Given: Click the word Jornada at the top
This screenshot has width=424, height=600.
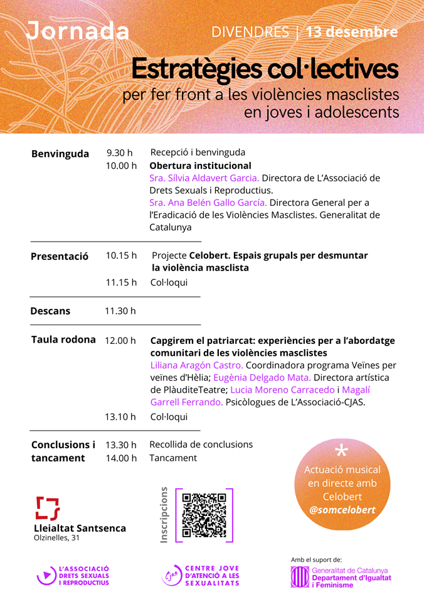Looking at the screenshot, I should click(x=78, y=31).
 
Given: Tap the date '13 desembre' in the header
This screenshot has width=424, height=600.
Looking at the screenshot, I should click(x=352, y=32).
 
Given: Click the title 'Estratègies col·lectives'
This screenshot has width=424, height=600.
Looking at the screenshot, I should click(x=265, y=68).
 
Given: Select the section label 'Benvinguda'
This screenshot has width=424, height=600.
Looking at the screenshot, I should click(x=60, y=154).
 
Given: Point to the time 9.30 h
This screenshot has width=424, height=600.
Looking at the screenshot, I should click(x=119, y=153).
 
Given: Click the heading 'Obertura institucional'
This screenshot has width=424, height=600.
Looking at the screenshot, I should click(x=200, y=166).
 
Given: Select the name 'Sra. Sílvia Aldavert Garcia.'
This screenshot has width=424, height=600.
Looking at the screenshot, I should click(x=204, y=178).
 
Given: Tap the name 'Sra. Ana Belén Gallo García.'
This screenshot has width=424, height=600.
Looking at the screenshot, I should click(x=208, y=203).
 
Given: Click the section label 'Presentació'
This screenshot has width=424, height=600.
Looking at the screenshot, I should click(x=60, y=256).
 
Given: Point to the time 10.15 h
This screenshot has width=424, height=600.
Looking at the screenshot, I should click(x=121, y=255).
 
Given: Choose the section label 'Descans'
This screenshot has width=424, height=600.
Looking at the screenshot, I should click(x=50, y=311).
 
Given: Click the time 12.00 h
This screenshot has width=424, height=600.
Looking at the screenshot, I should click(x=120, y=340).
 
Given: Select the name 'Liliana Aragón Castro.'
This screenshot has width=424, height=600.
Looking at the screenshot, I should click(x=196, y=365).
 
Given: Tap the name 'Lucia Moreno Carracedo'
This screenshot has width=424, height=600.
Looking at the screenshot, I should click(x=287, y=390).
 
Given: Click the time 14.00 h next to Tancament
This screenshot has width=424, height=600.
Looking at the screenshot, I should click(x=121, y=458).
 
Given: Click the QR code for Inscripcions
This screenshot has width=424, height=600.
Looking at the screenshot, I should click(x=204, y=515).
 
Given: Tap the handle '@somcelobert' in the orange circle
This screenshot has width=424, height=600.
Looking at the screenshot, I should click(x=342, y=510).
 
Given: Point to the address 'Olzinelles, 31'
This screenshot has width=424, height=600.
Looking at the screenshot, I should click(x=56, y=538).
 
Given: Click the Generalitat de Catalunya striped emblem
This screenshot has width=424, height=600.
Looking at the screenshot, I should click(x=300, y=576).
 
